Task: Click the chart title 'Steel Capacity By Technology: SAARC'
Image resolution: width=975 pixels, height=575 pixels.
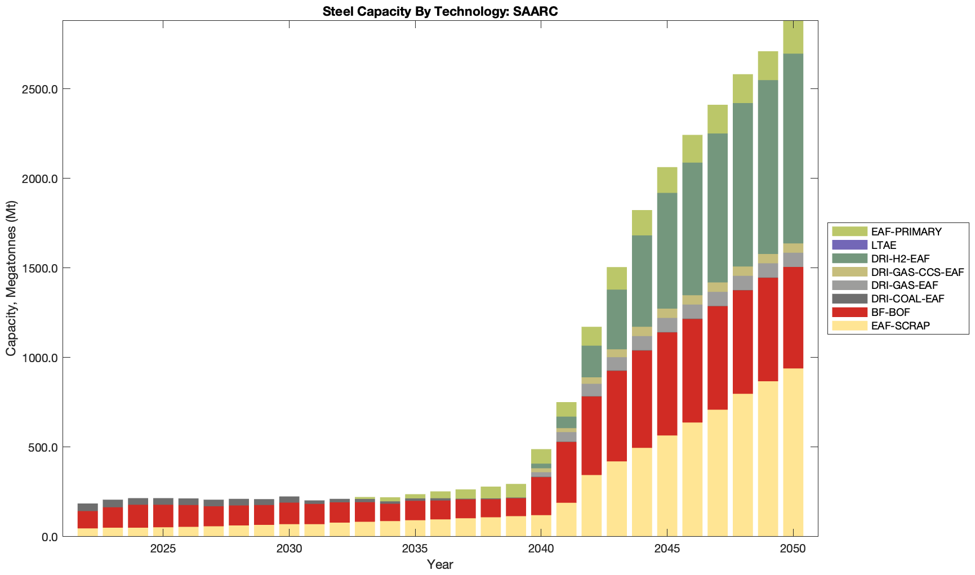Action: [x=440, y=11]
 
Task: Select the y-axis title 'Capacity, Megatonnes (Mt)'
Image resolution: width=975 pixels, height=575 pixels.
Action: [x=11, y=278]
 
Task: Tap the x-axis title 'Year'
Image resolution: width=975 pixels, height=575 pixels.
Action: [x=440, y=564]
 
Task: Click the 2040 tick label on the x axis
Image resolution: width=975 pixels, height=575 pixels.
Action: [x=541, y=549]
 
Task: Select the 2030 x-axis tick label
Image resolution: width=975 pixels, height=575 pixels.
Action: [x=289, y=549]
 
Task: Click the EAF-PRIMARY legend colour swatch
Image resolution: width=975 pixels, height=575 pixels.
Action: [x=849, y=231]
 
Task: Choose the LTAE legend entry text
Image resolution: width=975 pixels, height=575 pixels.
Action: [x=883, y=245]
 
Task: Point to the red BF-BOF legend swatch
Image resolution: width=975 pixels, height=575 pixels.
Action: [x=849, y=312]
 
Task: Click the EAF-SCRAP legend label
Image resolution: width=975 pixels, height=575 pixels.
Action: [x=900, y=326]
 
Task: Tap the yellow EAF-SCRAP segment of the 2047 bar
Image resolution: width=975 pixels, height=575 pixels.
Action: [x=718, y=473]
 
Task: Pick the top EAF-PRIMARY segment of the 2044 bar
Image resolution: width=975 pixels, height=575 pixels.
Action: [x=642, y=222]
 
